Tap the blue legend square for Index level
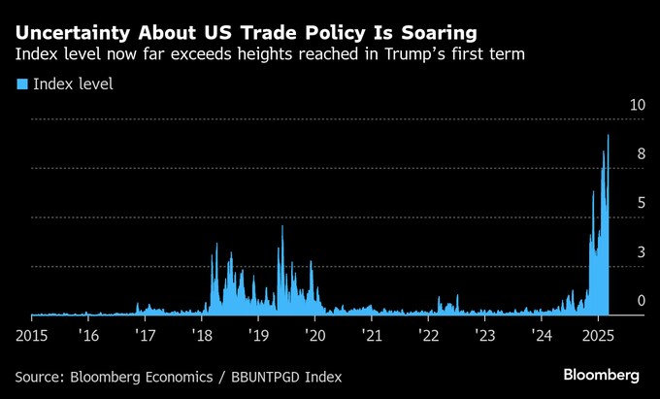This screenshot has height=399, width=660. pos(21,84)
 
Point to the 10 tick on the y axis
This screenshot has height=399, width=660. pos(638,105)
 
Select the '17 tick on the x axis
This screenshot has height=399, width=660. pos(146,335)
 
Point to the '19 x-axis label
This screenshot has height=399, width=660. pos(259,335)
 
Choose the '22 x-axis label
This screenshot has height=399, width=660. pos(430,335)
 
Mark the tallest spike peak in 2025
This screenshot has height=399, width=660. pos(608,135)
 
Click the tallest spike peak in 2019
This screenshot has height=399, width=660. pos(282,225)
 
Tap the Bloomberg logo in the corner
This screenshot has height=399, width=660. pos(601,375)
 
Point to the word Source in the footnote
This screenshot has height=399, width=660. pos(41,376)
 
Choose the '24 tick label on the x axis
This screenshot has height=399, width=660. pos(544,335)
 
